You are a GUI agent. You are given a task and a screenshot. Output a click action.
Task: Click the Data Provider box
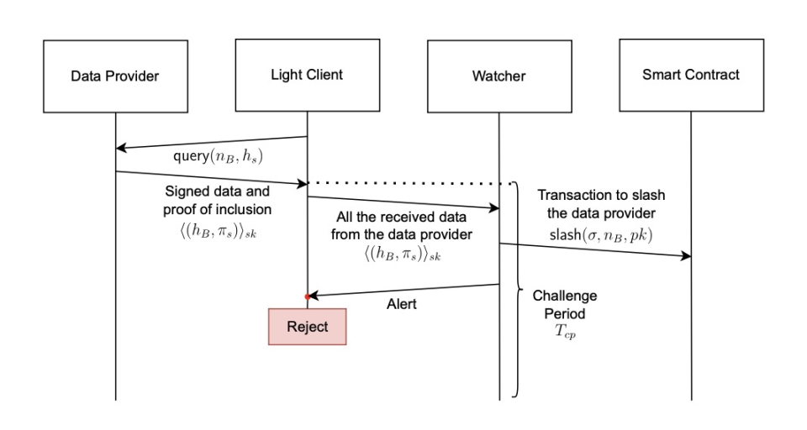click(115, 76)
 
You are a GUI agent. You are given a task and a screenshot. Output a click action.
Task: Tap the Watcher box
click(498, 76)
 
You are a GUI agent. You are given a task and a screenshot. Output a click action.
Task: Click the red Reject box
click(307, 326)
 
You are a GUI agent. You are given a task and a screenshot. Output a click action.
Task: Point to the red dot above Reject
click(308, 296)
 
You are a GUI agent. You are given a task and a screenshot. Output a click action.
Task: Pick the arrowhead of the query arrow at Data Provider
click(120, 148)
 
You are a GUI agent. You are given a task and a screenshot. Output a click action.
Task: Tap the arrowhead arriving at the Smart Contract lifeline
click(686, 256)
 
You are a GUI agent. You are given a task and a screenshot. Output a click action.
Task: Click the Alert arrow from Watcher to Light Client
click(403, 291)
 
